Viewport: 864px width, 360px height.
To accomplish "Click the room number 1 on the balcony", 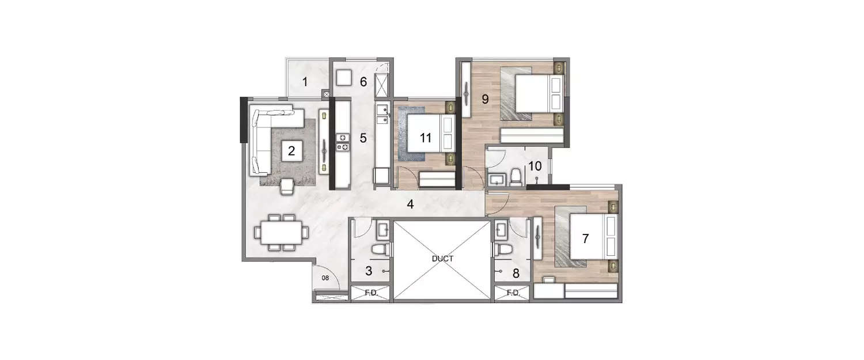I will (x=305, y=82).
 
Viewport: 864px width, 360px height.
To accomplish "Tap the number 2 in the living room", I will (x=291, y=151).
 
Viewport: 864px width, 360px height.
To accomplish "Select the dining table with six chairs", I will (x=282, y=233).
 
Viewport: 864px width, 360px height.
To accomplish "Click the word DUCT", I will (x=442, y=259).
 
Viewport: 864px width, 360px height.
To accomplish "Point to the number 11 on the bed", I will (x=426, y=138).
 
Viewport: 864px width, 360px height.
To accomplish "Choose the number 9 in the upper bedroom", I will (x=485, y=99).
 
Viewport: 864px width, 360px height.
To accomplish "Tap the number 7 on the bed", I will (x=586, y=238).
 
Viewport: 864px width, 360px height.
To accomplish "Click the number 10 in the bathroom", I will (x=535, y=166).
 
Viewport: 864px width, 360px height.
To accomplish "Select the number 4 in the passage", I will (x=411, y=204).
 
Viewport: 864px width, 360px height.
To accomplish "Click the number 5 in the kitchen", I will (x=363, y=138).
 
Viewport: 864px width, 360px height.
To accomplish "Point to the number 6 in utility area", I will (x=363, y=82).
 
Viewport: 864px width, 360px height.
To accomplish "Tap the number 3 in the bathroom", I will (x=369, y=270).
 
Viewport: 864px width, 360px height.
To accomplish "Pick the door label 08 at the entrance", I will (x=325, y=278).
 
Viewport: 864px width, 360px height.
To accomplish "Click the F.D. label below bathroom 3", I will (x=371, y=293).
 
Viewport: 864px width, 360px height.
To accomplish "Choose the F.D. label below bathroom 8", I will (x=513, y=293).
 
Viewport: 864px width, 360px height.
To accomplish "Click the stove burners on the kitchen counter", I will (x=343, y=142).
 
